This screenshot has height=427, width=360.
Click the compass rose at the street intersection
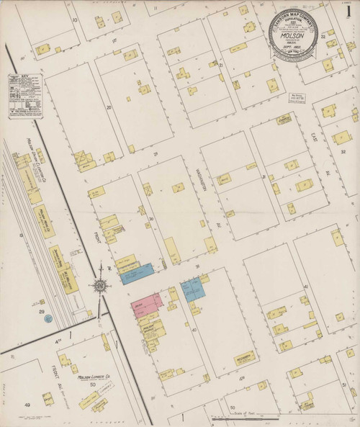[101, 285]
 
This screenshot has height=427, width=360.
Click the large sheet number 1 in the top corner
[348, 12]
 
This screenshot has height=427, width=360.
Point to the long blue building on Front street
[137, 273]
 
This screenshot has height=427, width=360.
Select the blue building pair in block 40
[193, 290]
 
